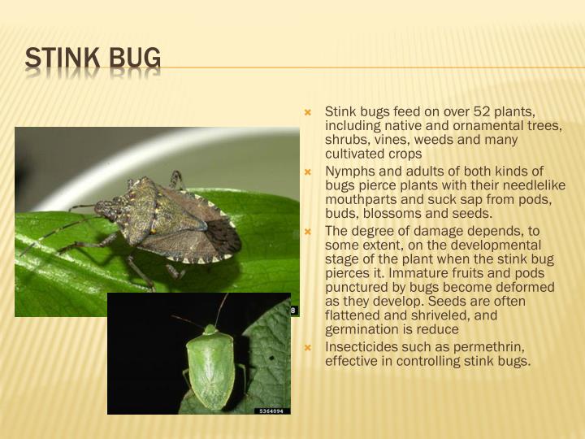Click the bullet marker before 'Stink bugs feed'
308,111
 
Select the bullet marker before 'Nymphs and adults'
308,171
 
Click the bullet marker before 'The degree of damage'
308,230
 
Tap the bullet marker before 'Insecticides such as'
308,347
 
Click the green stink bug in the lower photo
210,366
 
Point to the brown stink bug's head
107,210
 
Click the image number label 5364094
271,411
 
